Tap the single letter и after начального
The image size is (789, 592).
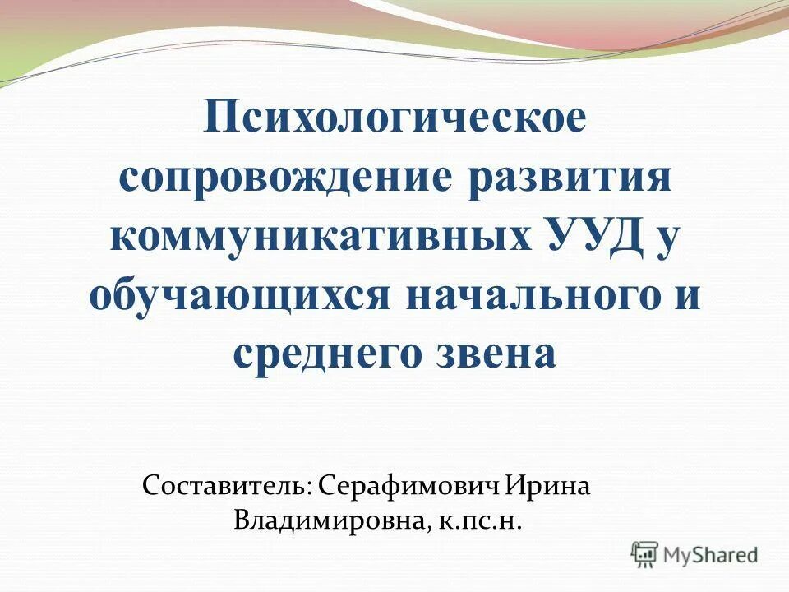tap(687, 295)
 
